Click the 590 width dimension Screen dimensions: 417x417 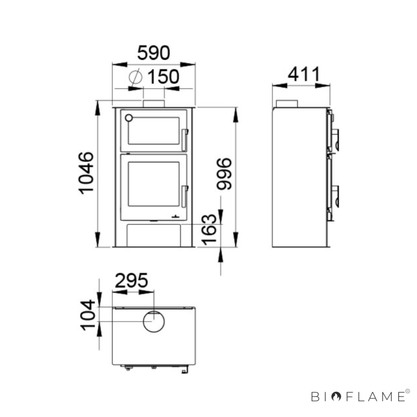(x=154, y=53)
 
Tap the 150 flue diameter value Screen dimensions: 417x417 (x=163, y=76)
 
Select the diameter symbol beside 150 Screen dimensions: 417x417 (x=135, y=76)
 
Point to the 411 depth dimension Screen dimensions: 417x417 (x=304, y=74)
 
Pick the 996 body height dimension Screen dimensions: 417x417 (x=224, y=174)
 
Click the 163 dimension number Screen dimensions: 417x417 (x=209, y=230)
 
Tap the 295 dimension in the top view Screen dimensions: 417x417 (x=132, y=280)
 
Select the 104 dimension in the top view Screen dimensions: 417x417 (x=88, y=315)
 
